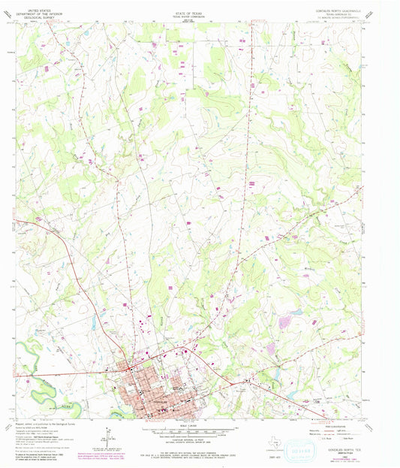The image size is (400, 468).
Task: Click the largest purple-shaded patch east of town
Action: click(286, 322)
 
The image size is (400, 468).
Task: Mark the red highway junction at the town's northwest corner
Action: click(128, 366)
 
